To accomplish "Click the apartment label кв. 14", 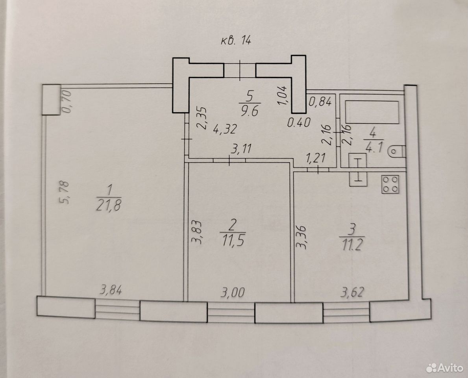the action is [236, 40].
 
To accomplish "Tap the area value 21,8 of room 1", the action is [109, 205].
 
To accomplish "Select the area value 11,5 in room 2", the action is [233, 240].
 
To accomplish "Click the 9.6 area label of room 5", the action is [249, 111].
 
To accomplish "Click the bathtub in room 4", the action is [372, 112].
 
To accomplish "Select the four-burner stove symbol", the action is [390, 184].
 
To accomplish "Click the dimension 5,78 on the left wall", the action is [65, 193].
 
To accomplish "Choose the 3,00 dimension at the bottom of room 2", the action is [233, 292].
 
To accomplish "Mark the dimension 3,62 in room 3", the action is [352, 292].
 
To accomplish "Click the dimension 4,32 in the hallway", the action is [225, 129].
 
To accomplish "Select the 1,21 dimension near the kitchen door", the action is [316, 157].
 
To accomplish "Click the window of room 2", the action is [231, 312].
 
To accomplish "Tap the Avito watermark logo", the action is [444, 367].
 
